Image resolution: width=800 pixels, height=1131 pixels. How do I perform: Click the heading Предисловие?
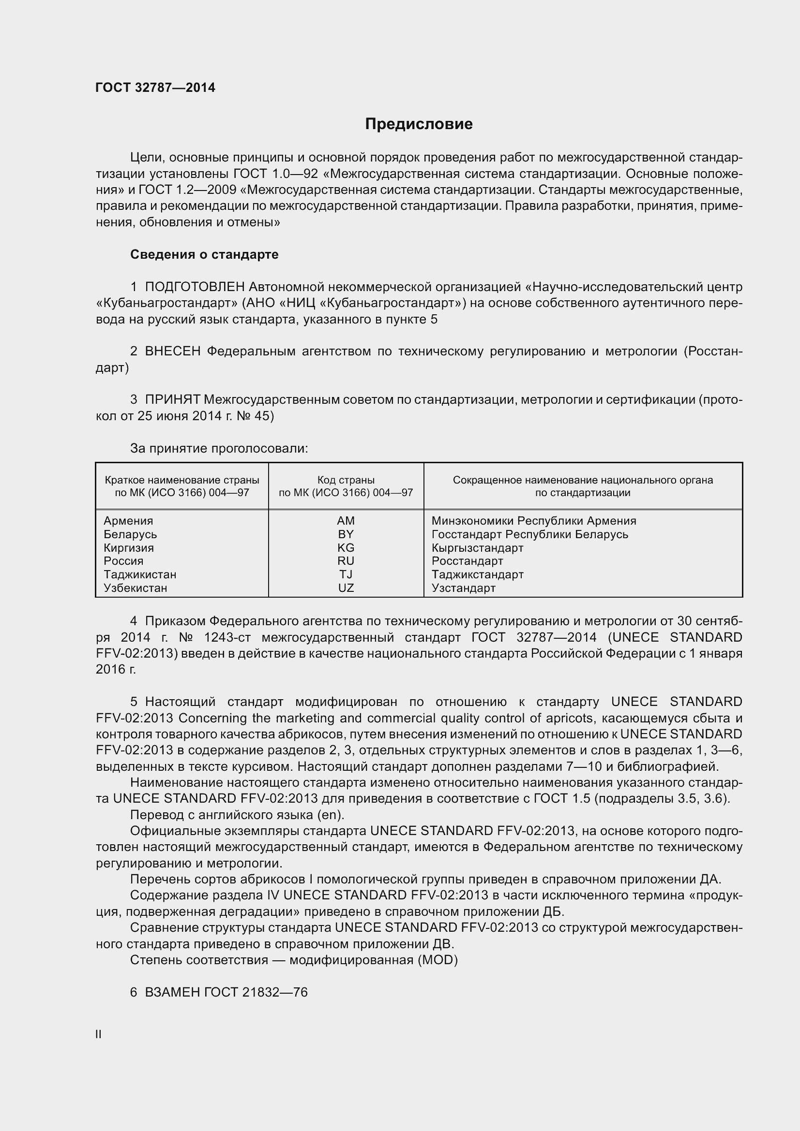pos(419,124)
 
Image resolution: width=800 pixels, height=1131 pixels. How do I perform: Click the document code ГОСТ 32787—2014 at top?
pos(155,88)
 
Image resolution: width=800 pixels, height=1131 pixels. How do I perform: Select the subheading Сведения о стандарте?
pos(204,254)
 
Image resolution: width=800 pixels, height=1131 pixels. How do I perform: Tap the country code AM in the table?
pos(346,521)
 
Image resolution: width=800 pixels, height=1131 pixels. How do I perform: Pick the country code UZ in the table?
pos(346,588)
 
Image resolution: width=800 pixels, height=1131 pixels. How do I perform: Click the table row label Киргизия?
pos(129,548)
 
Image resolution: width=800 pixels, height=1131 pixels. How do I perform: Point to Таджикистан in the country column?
pos(140,574)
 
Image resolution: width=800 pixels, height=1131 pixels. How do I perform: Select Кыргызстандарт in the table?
pos(477,548)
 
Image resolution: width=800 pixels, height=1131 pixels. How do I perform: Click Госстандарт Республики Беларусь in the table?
pos(529,534)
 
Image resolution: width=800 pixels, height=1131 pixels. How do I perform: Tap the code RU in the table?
pos(346,561)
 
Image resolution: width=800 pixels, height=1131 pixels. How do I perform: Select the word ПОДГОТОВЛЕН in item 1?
pos(195,287)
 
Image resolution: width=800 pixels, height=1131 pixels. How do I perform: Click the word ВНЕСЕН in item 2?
pos(172,351)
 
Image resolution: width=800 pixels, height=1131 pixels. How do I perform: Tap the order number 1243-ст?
pos(227,637)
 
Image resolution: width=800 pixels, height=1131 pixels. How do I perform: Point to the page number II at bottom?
pos(99,1034)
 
